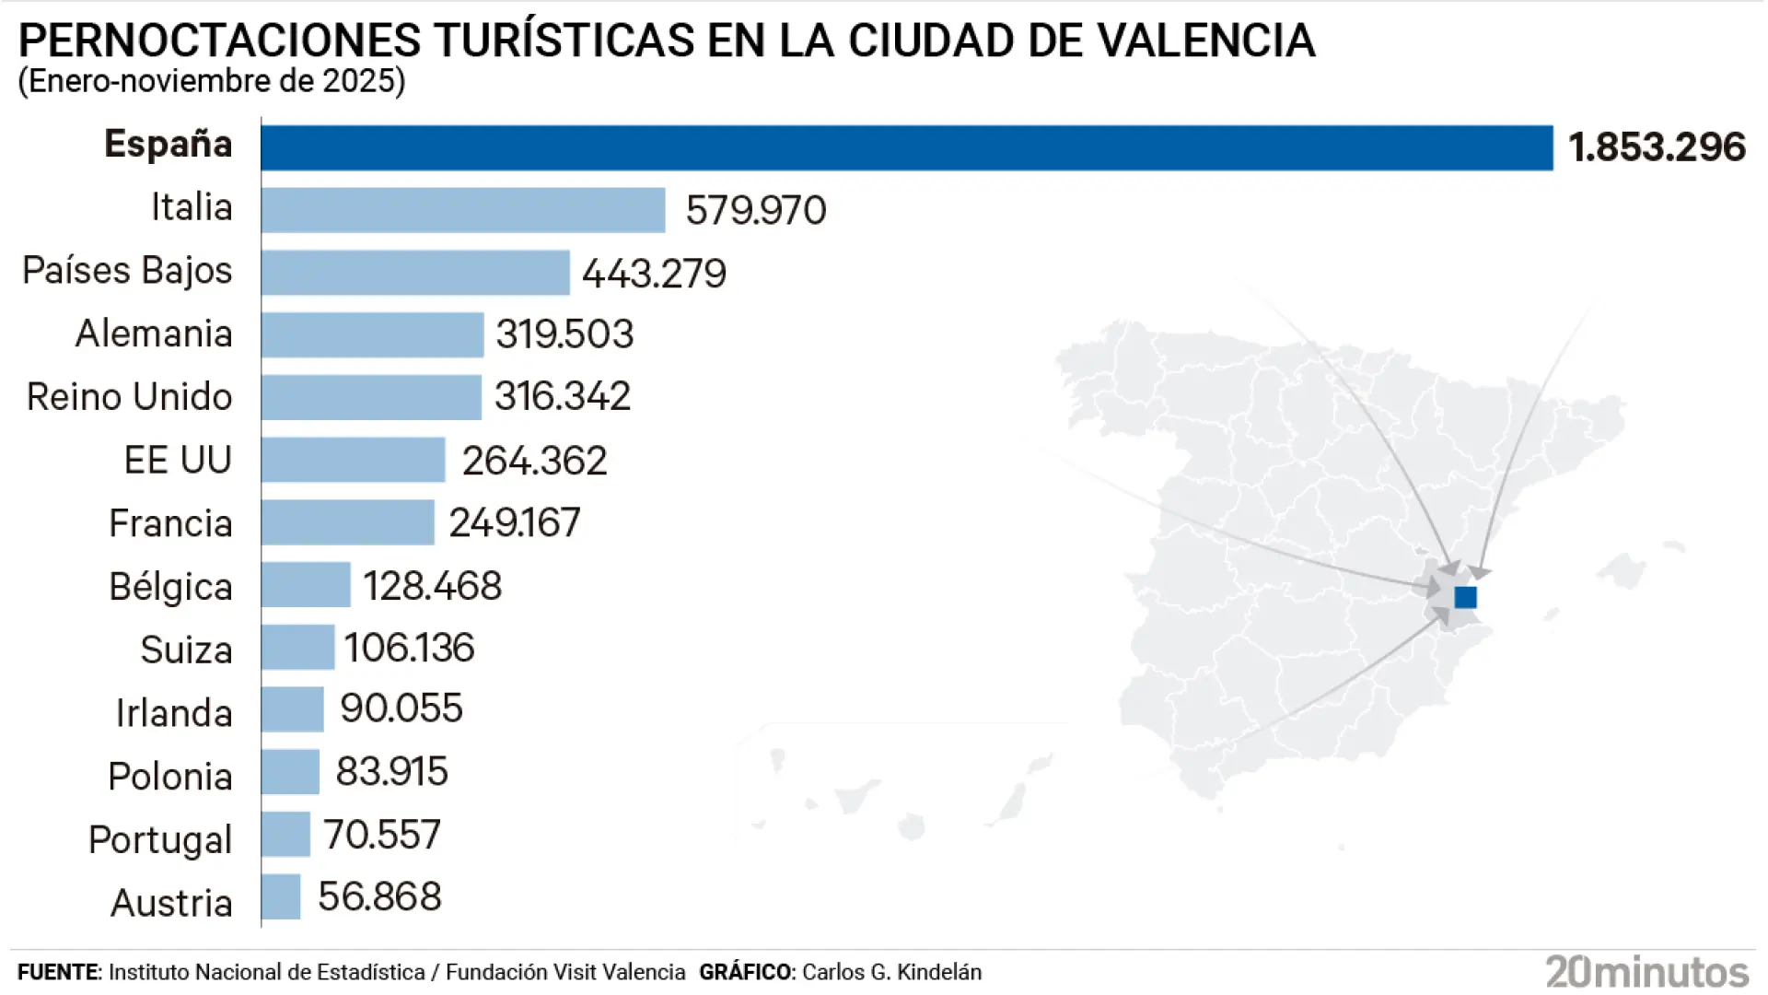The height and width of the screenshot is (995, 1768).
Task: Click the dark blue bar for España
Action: (x=906, y=147)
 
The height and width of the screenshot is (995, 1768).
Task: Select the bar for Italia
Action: (x=462, y=210)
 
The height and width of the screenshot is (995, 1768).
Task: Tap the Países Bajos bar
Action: (x=414, y=273)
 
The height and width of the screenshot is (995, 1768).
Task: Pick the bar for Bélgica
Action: (x=306, y=585)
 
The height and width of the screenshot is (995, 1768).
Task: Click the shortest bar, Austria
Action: (x=281, y=896)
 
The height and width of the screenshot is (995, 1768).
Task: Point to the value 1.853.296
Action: (x=1657, y=147)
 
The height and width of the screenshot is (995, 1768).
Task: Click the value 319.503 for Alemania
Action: (x=564, y=334)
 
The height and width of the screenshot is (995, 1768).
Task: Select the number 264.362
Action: (x=534, y=461)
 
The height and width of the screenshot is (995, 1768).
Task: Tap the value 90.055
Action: (x=401, y=708)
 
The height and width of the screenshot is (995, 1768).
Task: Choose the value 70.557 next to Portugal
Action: (x=381, y=835)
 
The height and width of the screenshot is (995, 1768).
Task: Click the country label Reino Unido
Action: (x=129, y=397)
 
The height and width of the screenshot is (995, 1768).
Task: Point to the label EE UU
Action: (x=178, y=460)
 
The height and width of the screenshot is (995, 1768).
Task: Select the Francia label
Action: (x=170, y=523)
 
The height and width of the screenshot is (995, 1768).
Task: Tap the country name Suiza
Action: (x=186, y=650)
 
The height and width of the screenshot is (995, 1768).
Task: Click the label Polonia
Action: (x=169, y=777)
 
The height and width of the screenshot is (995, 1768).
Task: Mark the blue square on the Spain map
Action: (x=1465, y=597)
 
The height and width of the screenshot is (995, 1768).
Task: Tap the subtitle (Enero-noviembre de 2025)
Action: (x=212, y=81)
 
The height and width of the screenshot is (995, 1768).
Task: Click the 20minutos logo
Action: (x=1646, y=972)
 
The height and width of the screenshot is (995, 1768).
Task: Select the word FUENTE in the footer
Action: (x=58, y=972)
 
